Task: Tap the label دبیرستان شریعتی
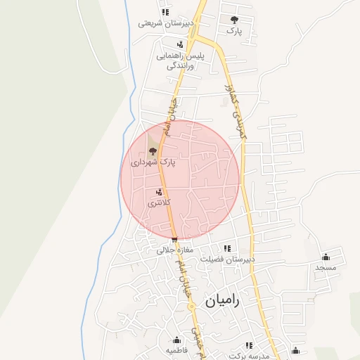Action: [165, 22]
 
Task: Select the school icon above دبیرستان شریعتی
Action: [165, 12]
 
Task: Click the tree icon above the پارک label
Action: [234, 20]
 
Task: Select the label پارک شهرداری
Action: [153, 162]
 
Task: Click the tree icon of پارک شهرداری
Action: [153, 150]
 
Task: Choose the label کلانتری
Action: [159, 202]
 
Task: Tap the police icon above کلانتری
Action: [160, 191]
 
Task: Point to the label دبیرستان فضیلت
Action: [226, 259]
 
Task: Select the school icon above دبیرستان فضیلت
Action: [226, 248]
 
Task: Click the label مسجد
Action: [326, 267]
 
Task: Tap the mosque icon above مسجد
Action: [326, 257]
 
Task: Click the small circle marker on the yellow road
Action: [191, 307]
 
